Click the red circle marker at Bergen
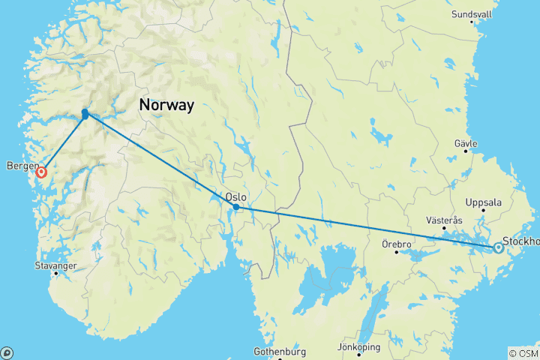click(x=41, y=172)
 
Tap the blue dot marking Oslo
click(x=236, y=207)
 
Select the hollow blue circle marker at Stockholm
click(x=497, y=247)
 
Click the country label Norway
click(x=166, y=106)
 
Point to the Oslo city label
click(x=235, y=196)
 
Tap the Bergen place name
click(x=20, y=165)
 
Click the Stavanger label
click(x=55, y=265)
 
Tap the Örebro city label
click(x=394, y=244)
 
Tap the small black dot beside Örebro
click(x=397, y=252)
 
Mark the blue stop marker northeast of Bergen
click(x=85, y=113)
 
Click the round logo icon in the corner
click(x=7, y=352)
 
